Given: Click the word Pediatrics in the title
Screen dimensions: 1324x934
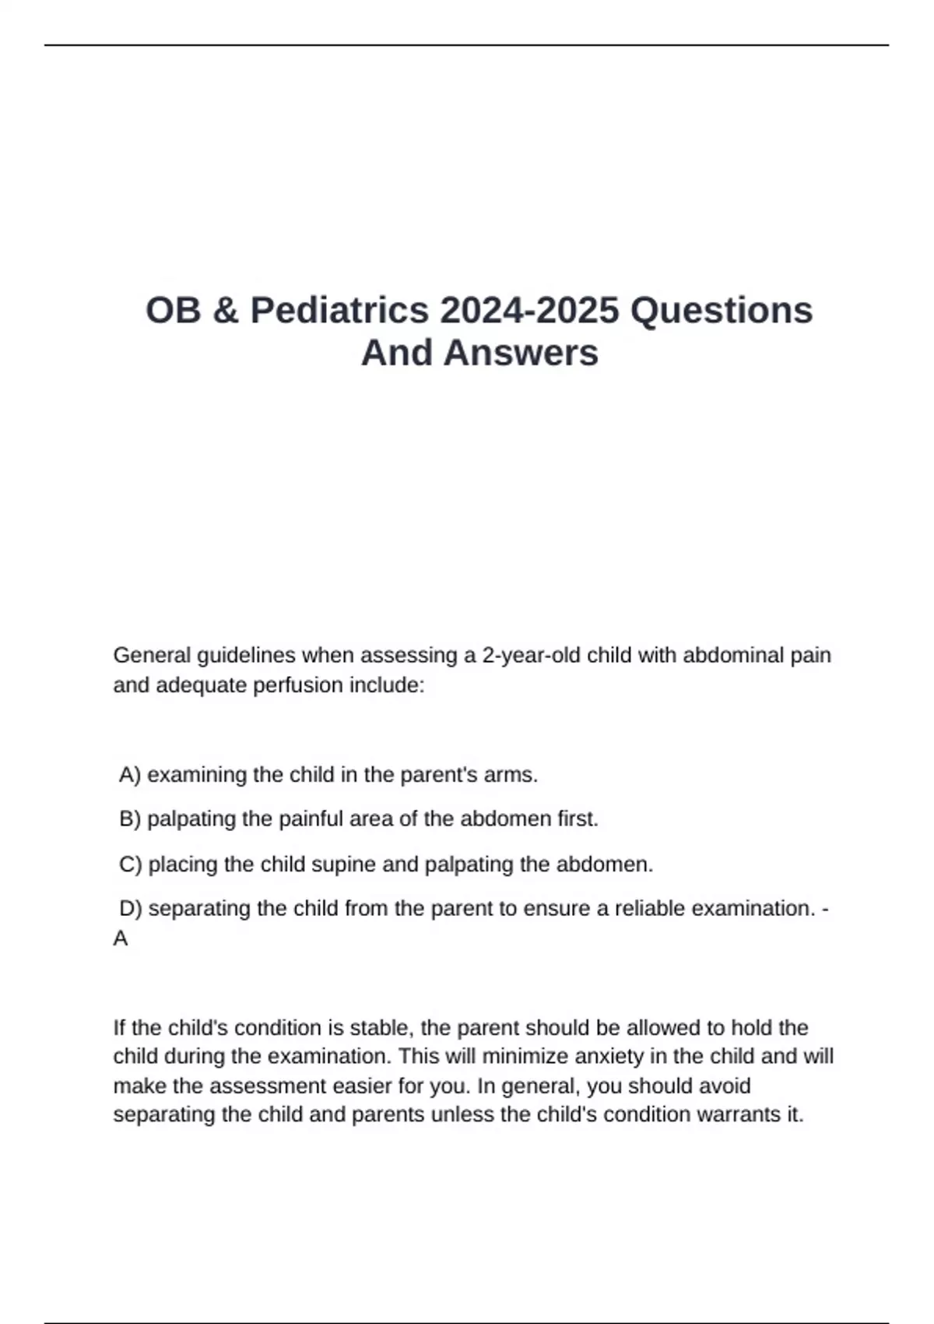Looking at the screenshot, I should pos(339,310).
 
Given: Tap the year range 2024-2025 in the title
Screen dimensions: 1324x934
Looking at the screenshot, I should pos(529,310).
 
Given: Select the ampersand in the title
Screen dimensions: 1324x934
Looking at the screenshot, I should pos(225,310).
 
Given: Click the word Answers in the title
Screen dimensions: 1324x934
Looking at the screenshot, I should pos(521,352).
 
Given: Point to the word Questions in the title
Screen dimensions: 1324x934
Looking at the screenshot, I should pos(722,310).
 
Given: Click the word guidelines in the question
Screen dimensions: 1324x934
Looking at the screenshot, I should pos(246,656).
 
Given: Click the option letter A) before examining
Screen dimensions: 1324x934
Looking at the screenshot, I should pos(130,775).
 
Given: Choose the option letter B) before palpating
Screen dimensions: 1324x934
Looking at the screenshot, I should pos(130,819).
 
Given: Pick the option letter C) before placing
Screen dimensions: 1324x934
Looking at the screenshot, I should pos(130,864).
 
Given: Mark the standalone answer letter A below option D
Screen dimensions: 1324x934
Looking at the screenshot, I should pos(121,939).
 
